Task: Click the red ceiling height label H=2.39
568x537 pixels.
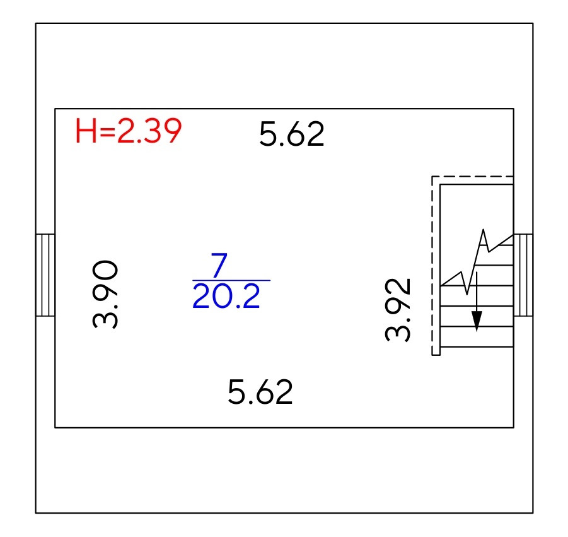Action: coord(129,132)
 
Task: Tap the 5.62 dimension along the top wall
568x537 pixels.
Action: coord(292,134)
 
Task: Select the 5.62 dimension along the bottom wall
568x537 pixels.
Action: coord(260,392)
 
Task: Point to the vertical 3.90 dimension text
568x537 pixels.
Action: coord(105,294)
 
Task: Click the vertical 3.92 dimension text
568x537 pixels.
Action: coord(398,309)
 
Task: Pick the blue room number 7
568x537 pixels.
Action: coord(219,266)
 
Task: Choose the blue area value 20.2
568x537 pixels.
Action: coord(226,296)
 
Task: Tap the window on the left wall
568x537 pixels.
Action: coord(45,274)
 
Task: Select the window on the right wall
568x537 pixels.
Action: coord(523,274)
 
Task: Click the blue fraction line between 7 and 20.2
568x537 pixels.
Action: coord(231,280)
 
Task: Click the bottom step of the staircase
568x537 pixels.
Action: coord(477,338)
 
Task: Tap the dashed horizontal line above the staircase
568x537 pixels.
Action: coord(473,177)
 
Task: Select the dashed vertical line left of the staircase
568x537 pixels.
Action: coord(432,265)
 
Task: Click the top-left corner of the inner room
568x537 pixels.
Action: coord(55,109)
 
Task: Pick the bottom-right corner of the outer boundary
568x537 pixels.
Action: coord(533,512)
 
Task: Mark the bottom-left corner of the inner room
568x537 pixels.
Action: coord(55,427)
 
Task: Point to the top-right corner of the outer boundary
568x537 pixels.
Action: coord(533,24)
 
